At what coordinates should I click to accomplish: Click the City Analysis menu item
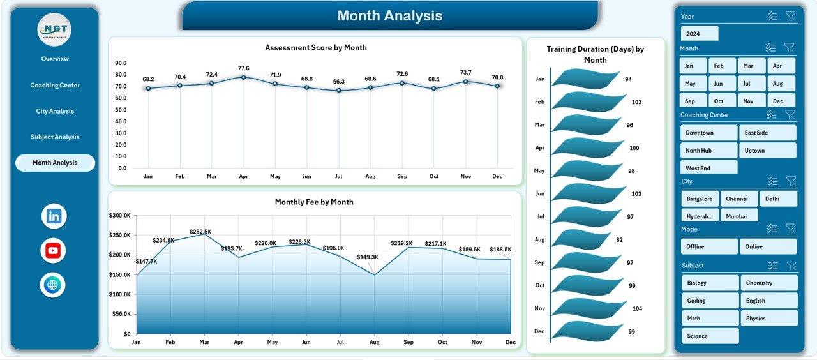pyautogui.click(x=55, y=111)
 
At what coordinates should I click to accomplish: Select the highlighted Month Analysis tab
pyautogui.click(x=55, y=163)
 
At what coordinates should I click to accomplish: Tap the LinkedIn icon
pyautogui.click(x=54, y=216)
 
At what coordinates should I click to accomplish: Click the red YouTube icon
pyautogui.click(x=53, y=250)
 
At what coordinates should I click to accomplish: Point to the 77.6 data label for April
pyautogui.click(x=243, y=68)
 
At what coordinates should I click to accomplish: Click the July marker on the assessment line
pyautogui.click(x=338, y=90)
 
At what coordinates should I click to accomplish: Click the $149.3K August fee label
pyautogui.click(x=367, y=257)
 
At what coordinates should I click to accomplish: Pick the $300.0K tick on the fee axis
pyautogui.click(x=120, y=216)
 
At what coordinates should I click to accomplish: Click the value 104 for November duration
pyautogui.click(x=637, y=308)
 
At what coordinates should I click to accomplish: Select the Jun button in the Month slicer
pyautogui.click(x=719, y=84)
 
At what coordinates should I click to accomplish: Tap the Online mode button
pyautogui.click(x=768, y=246)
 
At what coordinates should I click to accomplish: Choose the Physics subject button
pyautogui.click(x=768, y=318)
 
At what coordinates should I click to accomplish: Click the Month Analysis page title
pyautogui.click(x=389, y=15)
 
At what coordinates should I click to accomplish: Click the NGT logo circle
pyautogui.click(x=54, y=29)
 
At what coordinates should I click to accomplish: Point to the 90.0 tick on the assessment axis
pyautogui.click(x=121, y=63)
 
